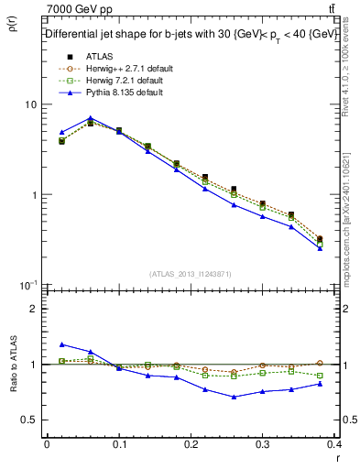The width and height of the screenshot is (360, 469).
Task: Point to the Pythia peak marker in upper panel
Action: (x=90, y=118)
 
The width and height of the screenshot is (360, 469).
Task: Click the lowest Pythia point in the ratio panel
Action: (x=234, y=397)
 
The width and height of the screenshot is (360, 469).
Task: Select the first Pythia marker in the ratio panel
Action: (x=61, y=344)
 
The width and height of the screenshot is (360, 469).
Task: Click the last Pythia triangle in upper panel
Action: (x=320, y=248)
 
